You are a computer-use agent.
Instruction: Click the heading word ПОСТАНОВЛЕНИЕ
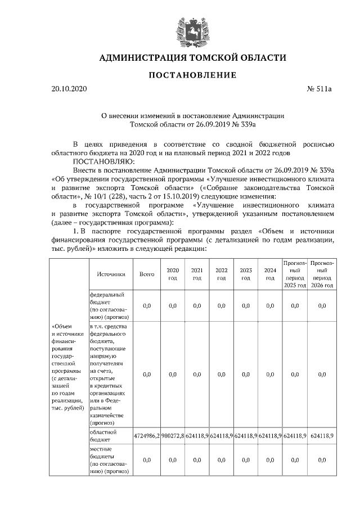[192, 75]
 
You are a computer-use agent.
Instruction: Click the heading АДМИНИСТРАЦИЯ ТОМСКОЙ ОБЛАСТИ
[192, 58]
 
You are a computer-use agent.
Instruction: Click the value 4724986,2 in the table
[147, 436]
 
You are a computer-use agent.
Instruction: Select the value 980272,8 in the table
[173, 436]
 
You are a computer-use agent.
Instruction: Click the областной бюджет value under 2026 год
[322, 436]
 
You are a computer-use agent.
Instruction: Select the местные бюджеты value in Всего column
[147, 460]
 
